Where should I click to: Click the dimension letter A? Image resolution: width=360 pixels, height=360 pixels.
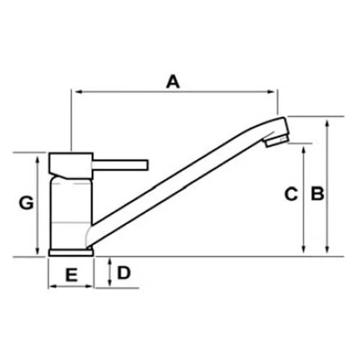[x=173, y=82]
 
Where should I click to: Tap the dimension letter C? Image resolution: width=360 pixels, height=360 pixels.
[x=290, y=194]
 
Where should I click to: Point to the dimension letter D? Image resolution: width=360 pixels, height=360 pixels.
[x=124, y=273]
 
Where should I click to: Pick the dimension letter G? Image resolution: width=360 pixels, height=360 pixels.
[x=26, y=203]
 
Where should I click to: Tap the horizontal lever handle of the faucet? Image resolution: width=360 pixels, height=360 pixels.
[x=120, y=164]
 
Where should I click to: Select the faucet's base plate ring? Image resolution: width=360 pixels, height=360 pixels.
[x=71, y=253]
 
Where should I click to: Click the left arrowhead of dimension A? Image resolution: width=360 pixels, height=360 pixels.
[x=74, y=92]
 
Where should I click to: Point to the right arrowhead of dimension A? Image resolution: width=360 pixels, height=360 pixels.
[x=274, y=92]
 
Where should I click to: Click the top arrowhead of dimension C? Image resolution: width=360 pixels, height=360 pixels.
[x=304, y=148]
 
